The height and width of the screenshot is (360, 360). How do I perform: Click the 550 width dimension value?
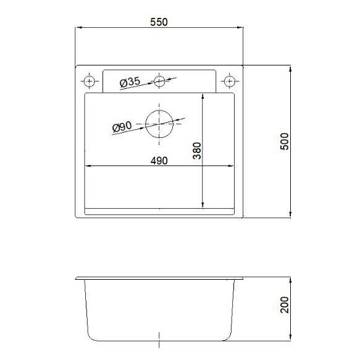pyautogui.click(x=159, y=21)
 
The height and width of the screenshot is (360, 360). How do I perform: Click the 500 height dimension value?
pyautogui.click(x=285, y=141)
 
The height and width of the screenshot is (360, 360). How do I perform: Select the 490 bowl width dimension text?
pyautogui.click(x=159, y=161)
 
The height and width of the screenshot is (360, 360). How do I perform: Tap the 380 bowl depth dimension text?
pyautogui.click(x=197, y=151)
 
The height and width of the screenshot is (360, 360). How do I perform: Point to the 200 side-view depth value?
pyautogui.click(x=285, y=305)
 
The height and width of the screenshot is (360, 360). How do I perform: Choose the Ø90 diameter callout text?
pyautogui.click(x=123, y=127)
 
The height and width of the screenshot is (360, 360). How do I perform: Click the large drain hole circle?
pyautogui.click(x=160, y=123)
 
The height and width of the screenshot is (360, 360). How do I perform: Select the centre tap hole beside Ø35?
pyautogui.click(x=160, y=80)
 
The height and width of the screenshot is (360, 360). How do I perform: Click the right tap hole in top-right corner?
pyautogui.click(x=230, y=81)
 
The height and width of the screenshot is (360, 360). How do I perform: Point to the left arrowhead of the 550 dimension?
pyautogui.click(x=78, y=28)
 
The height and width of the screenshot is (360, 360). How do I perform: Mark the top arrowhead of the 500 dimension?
pyautogui.click(x=291, y=67)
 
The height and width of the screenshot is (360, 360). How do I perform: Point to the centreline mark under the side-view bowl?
pyautogui.click(x=160, y=339)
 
